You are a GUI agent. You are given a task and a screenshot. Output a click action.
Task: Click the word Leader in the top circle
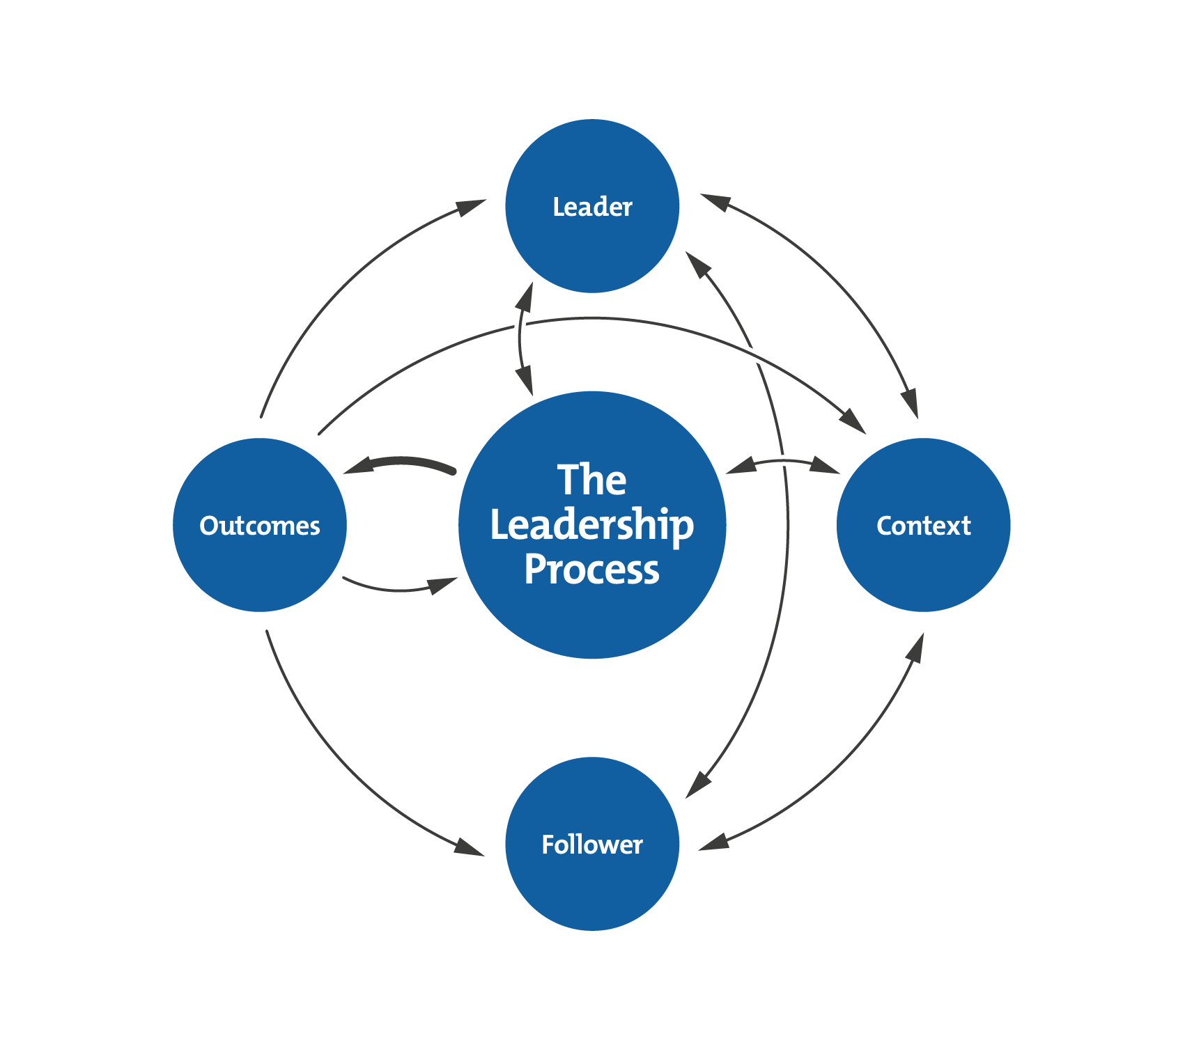tap(592, 207)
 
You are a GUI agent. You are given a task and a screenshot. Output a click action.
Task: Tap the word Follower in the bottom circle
tap(592, 845)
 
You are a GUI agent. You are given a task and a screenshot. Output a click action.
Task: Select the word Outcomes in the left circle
tap(260, 526)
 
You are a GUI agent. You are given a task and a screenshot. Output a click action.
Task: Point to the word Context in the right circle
tap(923, 526)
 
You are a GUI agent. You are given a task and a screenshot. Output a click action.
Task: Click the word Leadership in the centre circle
tap(592, 526)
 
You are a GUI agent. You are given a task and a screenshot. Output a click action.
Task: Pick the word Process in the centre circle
tap(592, 570)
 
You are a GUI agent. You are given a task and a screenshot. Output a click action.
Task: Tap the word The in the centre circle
tap(592, 480)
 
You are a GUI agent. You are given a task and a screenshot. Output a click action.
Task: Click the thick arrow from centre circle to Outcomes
tap(401, 463)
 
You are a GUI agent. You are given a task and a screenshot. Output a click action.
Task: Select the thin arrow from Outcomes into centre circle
tap(401, 588)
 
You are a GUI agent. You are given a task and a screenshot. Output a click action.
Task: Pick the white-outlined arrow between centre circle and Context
tap(784, 464)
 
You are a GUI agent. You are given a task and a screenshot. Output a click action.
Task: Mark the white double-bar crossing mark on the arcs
tap(753, 354)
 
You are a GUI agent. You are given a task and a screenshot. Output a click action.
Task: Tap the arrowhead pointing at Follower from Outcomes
tap(468, 847)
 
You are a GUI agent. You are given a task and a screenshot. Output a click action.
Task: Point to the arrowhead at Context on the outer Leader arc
tap(910, 404)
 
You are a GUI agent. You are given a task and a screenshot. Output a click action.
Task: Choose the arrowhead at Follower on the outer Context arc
tap(714, 842)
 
